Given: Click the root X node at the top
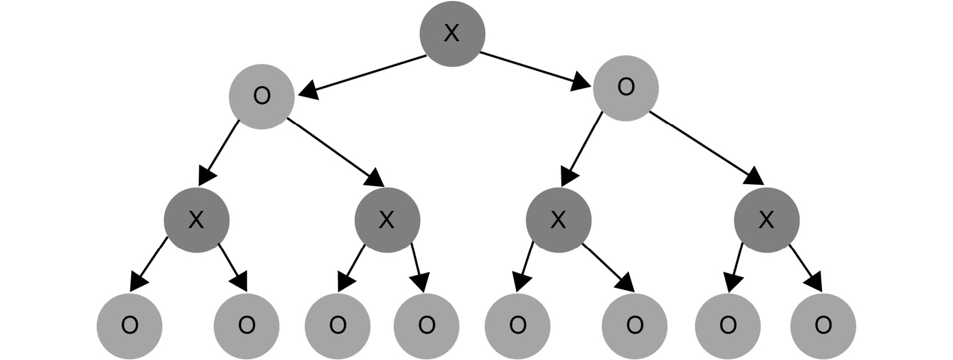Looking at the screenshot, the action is pos(452,34).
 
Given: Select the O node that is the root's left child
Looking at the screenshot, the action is pos(262,97).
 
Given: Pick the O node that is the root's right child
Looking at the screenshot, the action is pos(626,88).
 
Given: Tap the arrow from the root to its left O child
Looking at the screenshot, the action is pos(362,76).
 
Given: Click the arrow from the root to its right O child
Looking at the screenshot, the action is pos(536,70).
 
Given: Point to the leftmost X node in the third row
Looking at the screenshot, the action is pos(196,220).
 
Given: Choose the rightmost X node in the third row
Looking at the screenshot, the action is pos(766,220).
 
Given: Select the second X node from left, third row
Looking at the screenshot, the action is pos(387,220).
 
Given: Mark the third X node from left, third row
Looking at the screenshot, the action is pos(558,220).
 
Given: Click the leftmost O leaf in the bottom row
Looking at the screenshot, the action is pos(129,326).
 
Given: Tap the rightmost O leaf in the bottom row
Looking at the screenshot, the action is pos(823,326).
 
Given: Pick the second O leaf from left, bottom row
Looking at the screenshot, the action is pos(246,326).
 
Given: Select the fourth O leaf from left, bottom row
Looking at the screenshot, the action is pos(426,326).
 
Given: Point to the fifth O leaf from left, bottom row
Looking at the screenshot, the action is pos(517,326).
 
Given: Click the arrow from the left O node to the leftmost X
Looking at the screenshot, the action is pos(219,153).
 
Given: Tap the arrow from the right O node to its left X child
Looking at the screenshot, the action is pos(582,149).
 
